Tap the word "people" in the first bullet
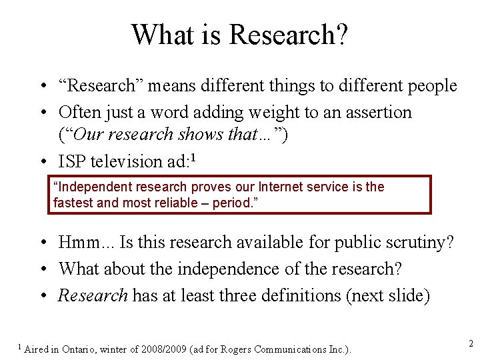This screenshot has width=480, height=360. pyautogui.click(x=433, y=86)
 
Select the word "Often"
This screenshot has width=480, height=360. pyautogui.click(x=79, y=112)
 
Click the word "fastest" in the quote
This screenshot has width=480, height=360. pyautogui.click(x=73, y=202)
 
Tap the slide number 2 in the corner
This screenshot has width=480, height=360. pyautogui.click(x=470, y=344)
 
